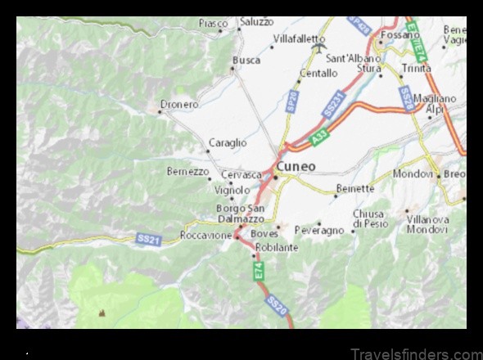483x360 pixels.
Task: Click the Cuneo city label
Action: tap(298, 166)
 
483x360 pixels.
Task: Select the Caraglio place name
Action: tap(228, 142)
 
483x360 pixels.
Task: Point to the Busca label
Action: tap(246, 60)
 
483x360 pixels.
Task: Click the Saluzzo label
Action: tap(256, 22)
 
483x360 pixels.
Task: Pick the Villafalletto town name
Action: tap(299, 38)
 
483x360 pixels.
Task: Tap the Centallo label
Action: tap(318, 73)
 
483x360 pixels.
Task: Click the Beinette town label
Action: tap(354, 188)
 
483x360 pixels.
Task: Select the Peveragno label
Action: tap(319, 231)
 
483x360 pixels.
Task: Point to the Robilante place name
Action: tap(277, 247)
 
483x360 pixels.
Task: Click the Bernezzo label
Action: tap(188, 171)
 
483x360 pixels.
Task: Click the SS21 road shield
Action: tap(148, 238)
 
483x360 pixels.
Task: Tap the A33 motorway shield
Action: tap(320, 141)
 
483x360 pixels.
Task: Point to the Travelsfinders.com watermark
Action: tap(417, 353)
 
